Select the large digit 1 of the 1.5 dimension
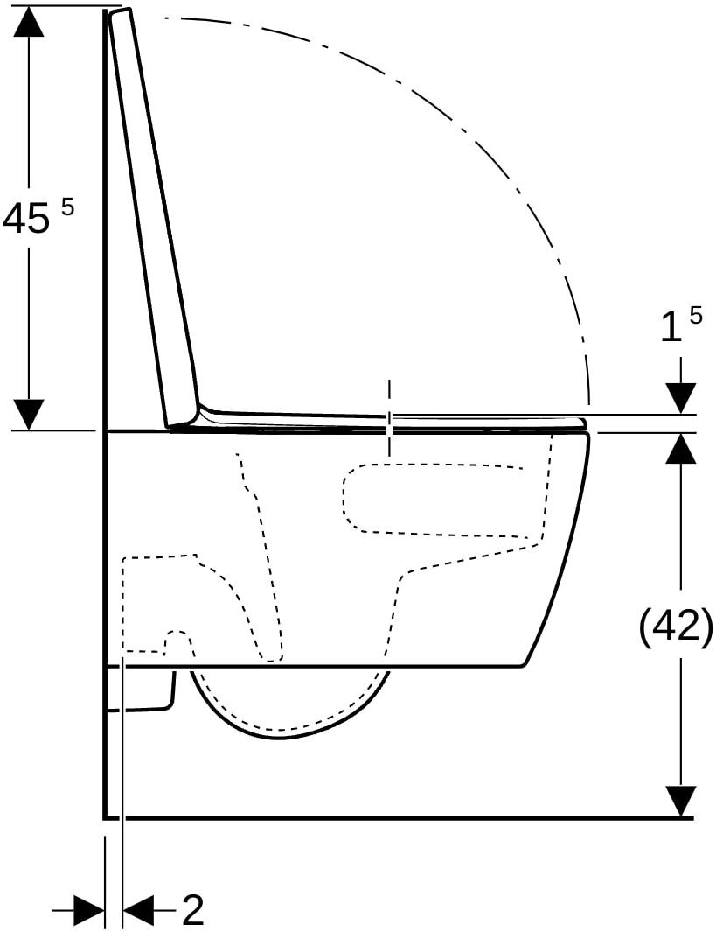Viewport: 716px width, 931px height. tap(671, 328)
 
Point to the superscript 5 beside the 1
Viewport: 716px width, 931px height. tap(695, 315)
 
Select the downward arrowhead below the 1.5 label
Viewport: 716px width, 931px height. tap(680, 398)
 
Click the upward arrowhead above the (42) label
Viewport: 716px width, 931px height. tap(680, 448)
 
